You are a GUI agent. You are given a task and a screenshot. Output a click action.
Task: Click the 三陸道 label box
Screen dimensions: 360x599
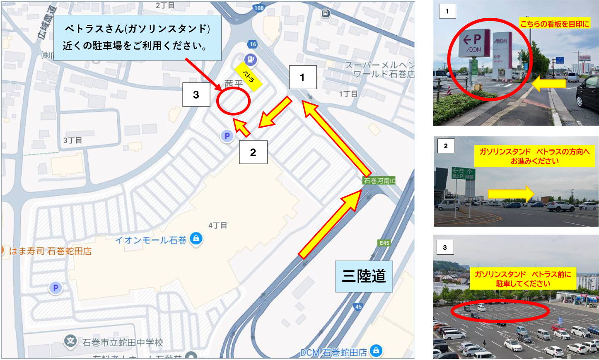pos(364,276)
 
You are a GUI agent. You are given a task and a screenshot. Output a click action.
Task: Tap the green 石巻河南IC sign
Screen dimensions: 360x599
pos(379,181)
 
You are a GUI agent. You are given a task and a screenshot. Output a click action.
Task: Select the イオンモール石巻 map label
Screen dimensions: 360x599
pos(151,240)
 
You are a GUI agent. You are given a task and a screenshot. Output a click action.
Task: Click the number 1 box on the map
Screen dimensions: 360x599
pos(302,77)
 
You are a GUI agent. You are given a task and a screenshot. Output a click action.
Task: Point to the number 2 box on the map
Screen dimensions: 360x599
pos(253,152)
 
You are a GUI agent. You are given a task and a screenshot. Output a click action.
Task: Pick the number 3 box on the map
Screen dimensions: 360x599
pos(196,95)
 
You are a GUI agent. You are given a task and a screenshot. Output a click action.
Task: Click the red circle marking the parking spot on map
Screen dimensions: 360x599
pos(233,101)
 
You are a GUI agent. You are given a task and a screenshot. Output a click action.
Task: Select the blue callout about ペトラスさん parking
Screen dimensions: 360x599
pos(137,37)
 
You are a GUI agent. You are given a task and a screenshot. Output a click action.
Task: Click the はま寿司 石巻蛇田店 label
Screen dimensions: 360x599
pos(50,251)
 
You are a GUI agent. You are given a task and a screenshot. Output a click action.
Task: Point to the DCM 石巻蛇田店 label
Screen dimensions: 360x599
pos(333,353)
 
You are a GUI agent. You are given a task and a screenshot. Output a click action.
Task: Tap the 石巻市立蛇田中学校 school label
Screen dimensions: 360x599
pos(123,343)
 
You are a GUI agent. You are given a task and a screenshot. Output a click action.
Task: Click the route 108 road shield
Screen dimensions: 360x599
pos(259,8)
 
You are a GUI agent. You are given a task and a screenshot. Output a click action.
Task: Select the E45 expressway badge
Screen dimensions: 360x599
pos(384,243)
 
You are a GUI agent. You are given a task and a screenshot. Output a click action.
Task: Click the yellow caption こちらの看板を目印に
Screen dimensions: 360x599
pos(554,24)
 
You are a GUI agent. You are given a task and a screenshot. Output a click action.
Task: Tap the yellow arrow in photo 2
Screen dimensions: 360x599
pos(511,194)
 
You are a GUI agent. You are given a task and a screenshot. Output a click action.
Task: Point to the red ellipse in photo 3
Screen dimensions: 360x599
pos(500,311)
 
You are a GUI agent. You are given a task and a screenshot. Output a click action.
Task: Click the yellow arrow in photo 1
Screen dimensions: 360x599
pos(549,84)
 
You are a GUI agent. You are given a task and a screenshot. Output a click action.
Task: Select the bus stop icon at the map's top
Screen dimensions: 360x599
pos(326,14)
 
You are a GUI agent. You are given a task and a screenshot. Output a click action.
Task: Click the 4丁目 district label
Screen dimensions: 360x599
pos(217,226)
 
